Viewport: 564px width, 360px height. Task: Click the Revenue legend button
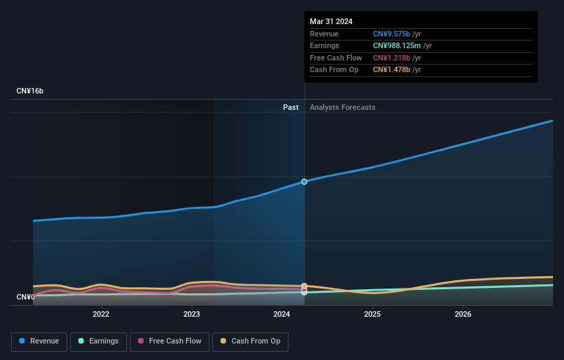(x=39, y=341)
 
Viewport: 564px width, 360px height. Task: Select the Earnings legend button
(x=98, y=341)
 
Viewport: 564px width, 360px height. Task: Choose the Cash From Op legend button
(x=250, y=341)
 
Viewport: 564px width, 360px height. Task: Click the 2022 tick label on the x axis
(x=101, y=315)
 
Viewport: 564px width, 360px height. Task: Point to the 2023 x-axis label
(x=192, y=315)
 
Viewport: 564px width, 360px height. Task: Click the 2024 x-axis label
(x=282, y=315)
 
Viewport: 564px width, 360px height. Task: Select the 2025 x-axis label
(x=372, y=315)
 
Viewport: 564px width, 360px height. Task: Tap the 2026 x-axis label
(x=463, y=315)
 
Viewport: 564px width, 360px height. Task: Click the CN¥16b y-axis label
(x=30, y=91)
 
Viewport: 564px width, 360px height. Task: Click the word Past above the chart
(x=291, y=107)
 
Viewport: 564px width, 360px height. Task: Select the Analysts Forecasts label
(x=343, y=107)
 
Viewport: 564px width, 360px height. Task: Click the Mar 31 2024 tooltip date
(x=331, y=21)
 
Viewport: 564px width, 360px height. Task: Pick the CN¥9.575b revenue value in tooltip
(x=392, y=34)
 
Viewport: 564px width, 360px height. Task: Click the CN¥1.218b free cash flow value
(x=392, y=58)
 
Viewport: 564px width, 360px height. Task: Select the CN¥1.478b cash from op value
(x=392, y=70)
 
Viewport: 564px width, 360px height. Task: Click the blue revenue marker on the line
(x=304, y=181)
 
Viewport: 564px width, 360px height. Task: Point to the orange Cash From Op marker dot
(x=304, y=286)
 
